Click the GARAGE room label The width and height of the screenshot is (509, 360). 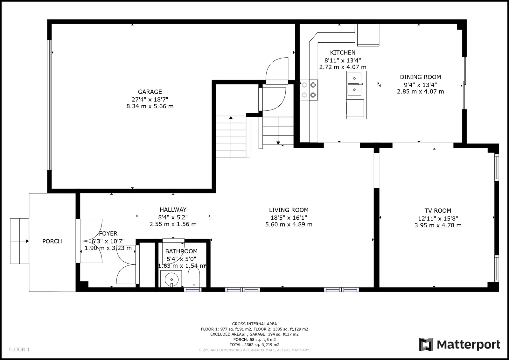[x=150, y=92]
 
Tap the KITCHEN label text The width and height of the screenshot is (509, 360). [x=343, y=53]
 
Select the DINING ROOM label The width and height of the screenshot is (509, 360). [x=420, y=77]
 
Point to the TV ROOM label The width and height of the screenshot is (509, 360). [x=438, y=211]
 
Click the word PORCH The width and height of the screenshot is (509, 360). [x=52, y=241]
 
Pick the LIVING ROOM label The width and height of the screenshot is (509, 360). [x=289, y=210]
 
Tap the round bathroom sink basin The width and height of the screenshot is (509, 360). [x=171, y=279]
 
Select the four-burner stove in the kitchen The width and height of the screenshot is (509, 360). [x=309, y=90]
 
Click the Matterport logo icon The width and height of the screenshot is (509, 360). [x=426, y=344]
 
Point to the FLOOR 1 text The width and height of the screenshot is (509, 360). [x=19, y=349]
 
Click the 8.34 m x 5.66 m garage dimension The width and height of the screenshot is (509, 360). [x=150, y=106]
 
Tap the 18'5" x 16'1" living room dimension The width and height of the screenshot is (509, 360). [x=289, y=218]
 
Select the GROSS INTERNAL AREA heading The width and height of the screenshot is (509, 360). [x=254, y=324]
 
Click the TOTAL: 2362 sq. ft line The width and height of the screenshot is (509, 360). [x=254, y=344]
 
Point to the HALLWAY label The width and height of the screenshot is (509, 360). [x=173, y=209]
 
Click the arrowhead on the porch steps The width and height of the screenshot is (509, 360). [x=27, y=241]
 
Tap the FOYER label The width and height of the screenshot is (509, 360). [x=108, y=234]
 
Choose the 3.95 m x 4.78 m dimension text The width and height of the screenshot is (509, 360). [x=438, y=225]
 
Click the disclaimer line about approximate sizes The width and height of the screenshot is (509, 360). [x=254, y=350]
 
